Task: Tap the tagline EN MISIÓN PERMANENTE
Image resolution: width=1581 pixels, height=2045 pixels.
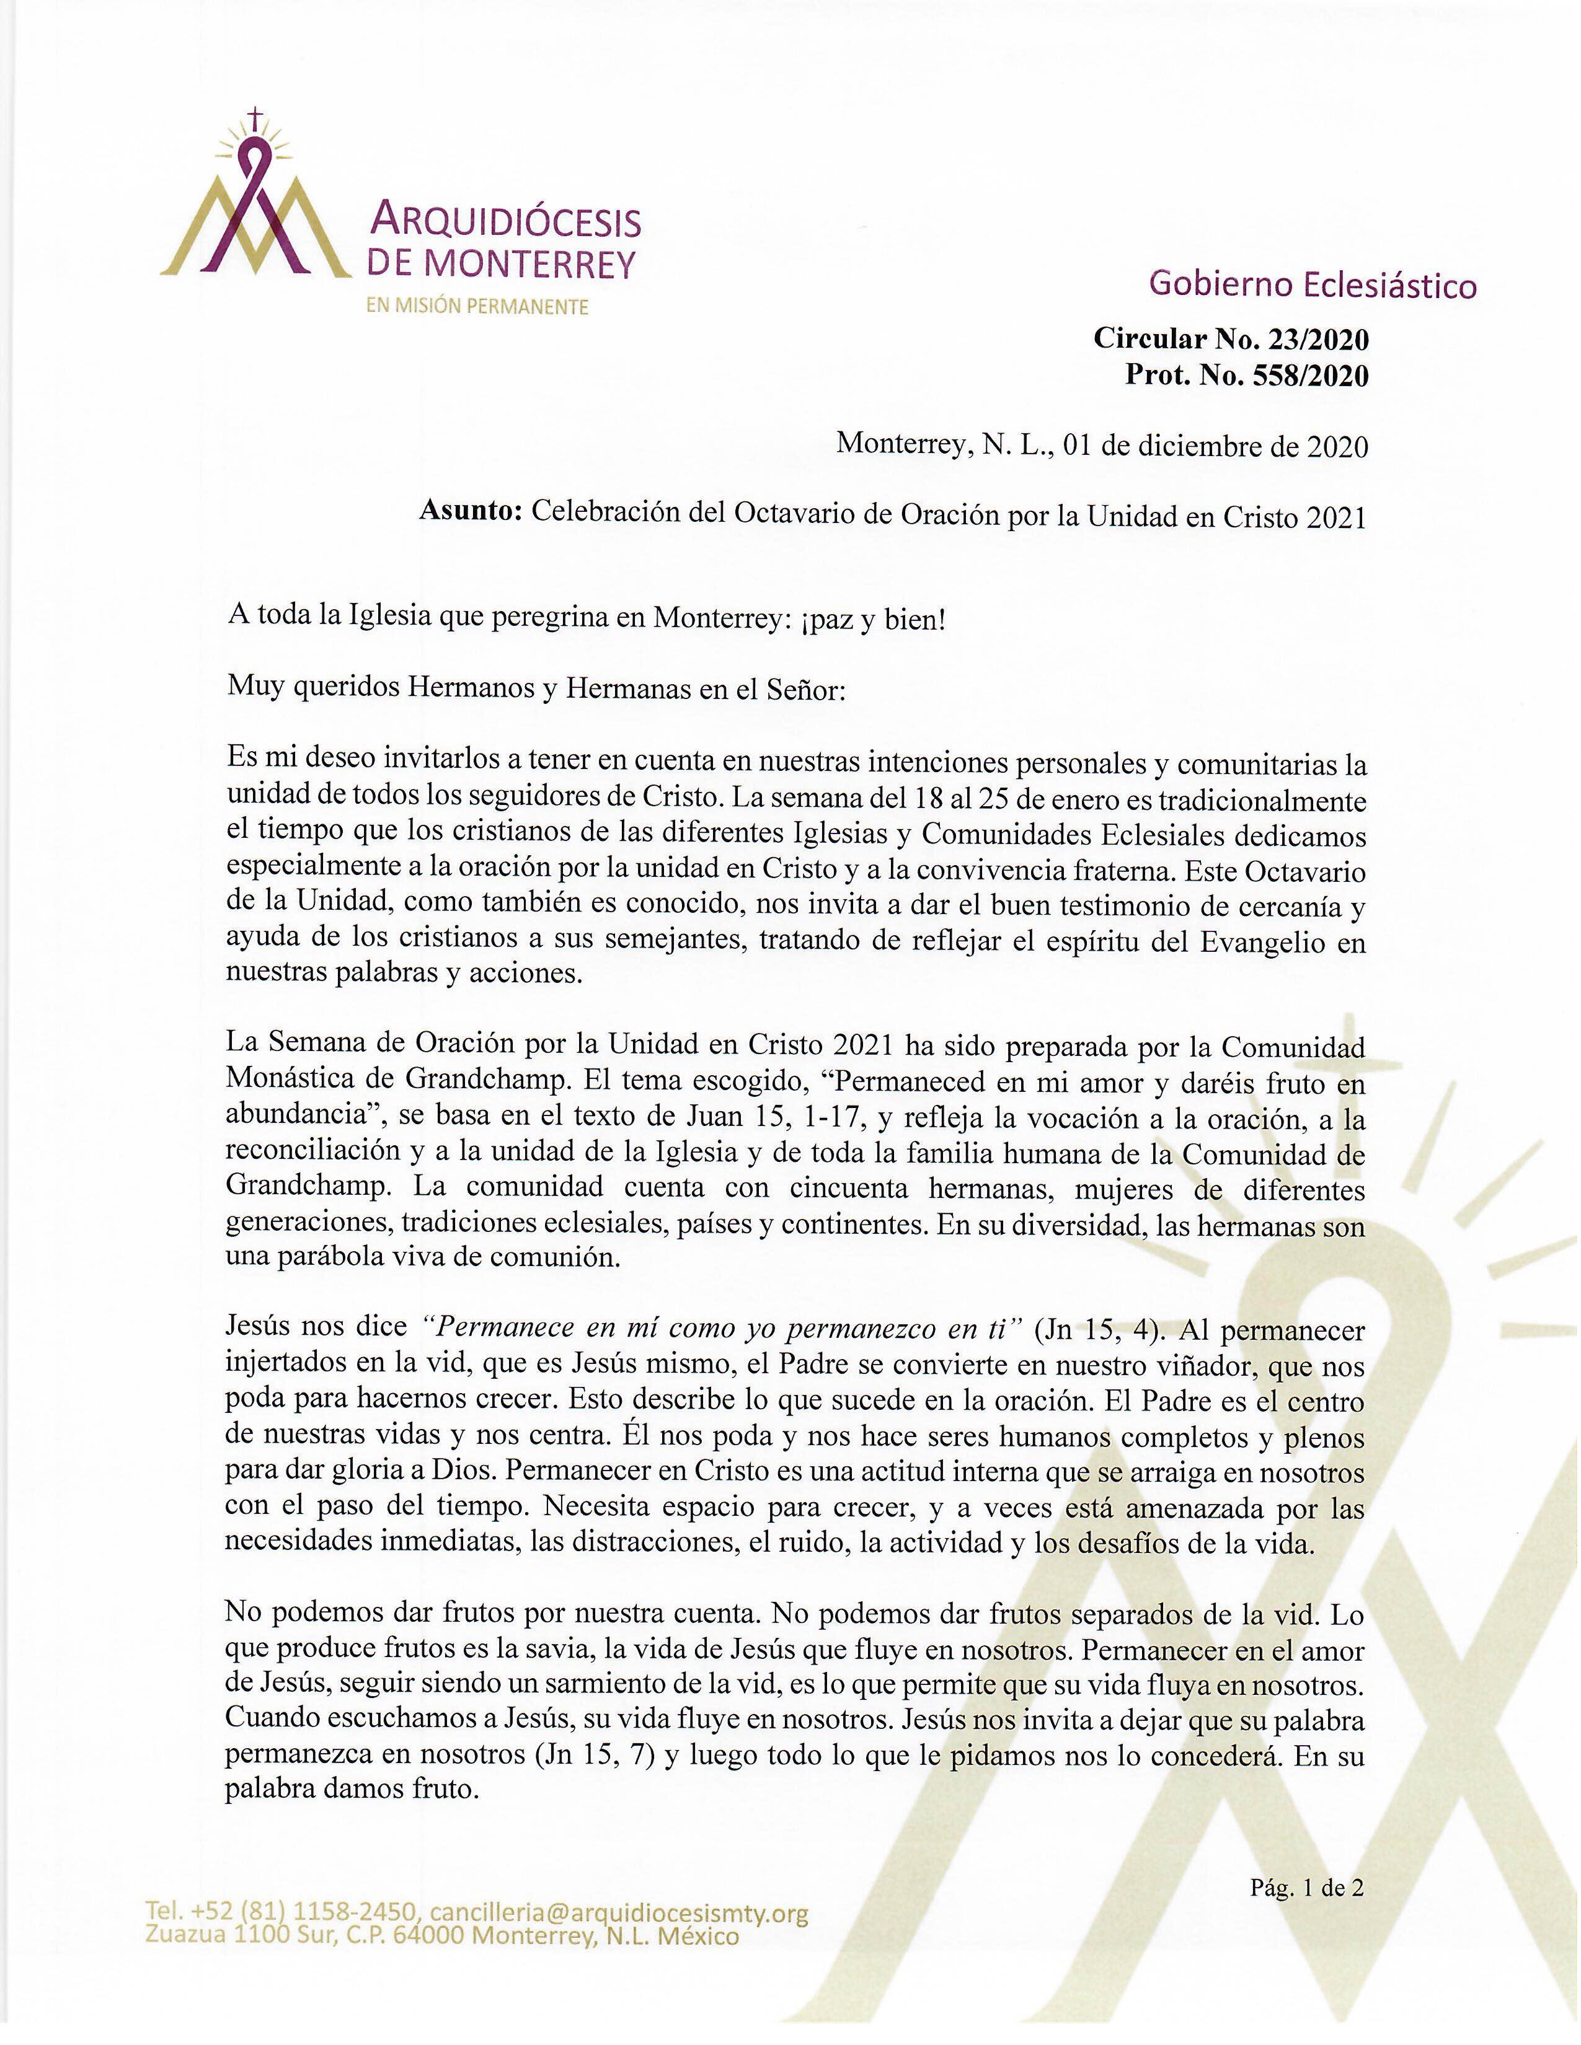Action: (x=477, y=307)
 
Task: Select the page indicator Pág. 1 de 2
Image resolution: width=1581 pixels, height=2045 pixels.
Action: (x=1306, y=1888)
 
